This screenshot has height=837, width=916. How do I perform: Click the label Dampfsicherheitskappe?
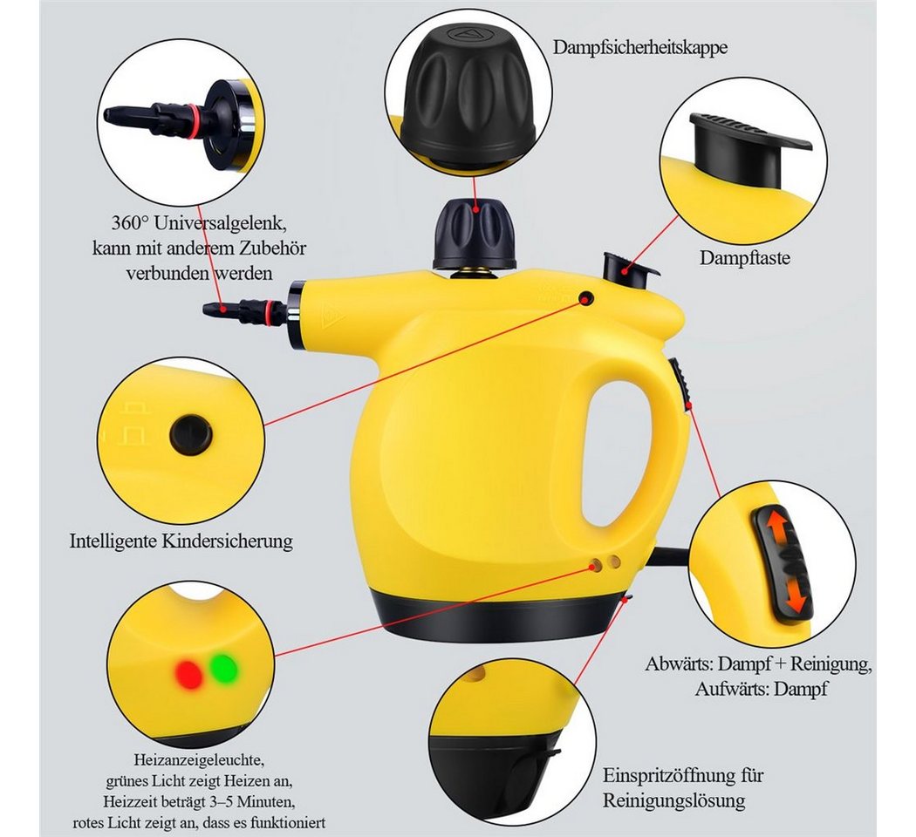(640, 47)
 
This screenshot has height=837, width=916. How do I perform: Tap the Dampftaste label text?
(745, 257)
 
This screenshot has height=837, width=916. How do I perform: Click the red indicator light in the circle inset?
(188, 675)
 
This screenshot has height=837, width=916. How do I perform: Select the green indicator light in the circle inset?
(223, 668)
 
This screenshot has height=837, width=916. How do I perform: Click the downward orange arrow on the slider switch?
(795, 595)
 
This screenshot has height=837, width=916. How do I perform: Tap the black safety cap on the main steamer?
(474, 234)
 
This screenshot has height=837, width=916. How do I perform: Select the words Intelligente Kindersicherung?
(181, 541)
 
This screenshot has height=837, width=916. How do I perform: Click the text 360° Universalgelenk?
(199, 223)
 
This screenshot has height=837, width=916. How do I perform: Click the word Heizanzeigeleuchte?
(199, 760)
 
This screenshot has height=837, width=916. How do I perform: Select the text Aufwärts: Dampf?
(761, 689)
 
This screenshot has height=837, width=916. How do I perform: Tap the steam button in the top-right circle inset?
(747, 149)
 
